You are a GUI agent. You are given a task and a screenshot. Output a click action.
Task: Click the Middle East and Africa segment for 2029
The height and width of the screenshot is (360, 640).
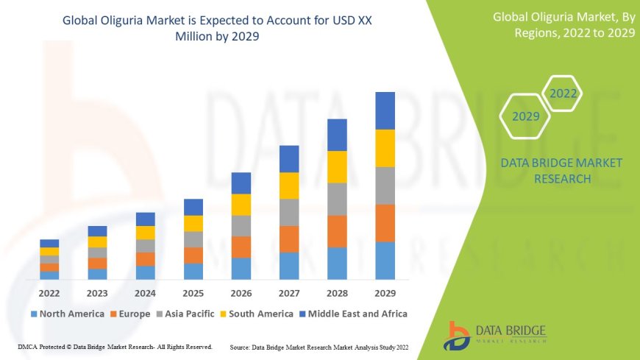click(x=385, y=110)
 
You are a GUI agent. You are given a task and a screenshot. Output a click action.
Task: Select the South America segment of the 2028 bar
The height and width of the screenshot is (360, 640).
click(x=337, y=166)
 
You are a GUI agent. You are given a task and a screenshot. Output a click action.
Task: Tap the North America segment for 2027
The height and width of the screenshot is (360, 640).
click(x=289, y=266)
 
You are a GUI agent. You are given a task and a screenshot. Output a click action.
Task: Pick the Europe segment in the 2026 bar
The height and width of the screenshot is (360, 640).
click(x=241, y=247)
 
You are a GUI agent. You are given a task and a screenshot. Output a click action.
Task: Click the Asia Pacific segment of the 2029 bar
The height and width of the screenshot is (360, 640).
click(x=385, y=186)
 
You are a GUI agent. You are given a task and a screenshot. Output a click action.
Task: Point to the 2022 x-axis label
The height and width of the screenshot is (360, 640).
click(x=49, y=292)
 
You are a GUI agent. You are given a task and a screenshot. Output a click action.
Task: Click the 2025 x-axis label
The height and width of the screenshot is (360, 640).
click(x=193, y=292)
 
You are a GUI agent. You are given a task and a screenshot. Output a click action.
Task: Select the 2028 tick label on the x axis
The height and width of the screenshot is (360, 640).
click(x=337, y=292)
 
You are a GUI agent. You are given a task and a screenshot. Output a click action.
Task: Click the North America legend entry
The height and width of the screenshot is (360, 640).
click(x=67, y=314)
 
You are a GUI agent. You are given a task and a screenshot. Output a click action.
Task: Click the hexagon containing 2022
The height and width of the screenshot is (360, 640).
click(x=563, y=93)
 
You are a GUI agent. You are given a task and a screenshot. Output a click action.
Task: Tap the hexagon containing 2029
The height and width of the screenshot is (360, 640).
click(x=526, y=116)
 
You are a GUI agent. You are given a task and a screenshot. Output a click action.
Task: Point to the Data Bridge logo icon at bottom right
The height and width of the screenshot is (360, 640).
click(x=457, y=336)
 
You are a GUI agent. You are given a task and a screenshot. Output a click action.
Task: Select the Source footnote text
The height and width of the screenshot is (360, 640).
click(x=320, y=346)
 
